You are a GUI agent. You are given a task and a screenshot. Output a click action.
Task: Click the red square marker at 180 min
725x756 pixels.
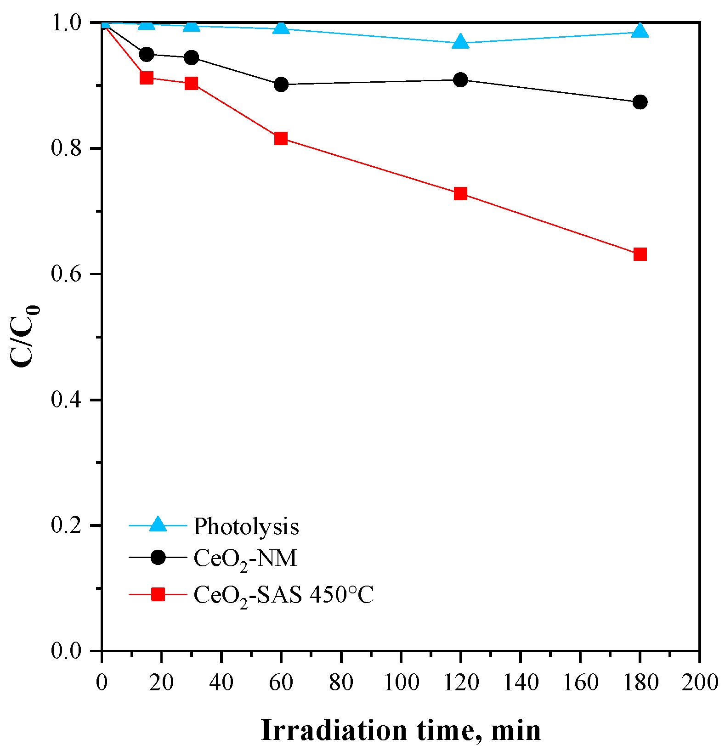640,254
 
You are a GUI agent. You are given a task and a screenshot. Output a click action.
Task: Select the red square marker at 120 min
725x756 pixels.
460,193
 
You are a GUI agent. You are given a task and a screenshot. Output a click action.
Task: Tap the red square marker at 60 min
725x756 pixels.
281,138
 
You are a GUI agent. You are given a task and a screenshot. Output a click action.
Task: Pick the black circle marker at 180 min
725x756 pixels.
640,102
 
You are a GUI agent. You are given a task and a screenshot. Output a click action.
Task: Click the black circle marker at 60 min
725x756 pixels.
281,85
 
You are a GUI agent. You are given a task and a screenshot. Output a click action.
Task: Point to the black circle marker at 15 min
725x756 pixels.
146,54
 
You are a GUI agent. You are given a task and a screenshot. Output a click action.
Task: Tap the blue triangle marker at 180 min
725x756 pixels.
640,31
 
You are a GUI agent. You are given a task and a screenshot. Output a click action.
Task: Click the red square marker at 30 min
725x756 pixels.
191,84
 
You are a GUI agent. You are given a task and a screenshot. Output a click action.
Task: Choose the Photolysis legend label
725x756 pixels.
246,526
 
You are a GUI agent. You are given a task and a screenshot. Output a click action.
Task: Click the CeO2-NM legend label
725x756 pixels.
245,559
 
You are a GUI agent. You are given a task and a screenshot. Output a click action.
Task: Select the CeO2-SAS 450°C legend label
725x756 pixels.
283,595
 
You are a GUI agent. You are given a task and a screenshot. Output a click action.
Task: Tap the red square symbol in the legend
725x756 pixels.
158,594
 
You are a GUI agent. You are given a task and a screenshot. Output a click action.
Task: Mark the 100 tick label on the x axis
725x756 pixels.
401,683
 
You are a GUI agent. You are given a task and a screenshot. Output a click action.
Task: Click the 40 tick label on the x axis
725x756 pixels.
221,683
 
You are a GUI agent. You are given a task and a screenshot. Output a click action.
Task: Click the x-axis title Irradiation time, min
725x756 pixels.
401,730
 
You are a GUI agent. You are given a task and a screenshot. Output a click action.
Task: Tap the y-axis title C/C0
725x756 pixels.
25,335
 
